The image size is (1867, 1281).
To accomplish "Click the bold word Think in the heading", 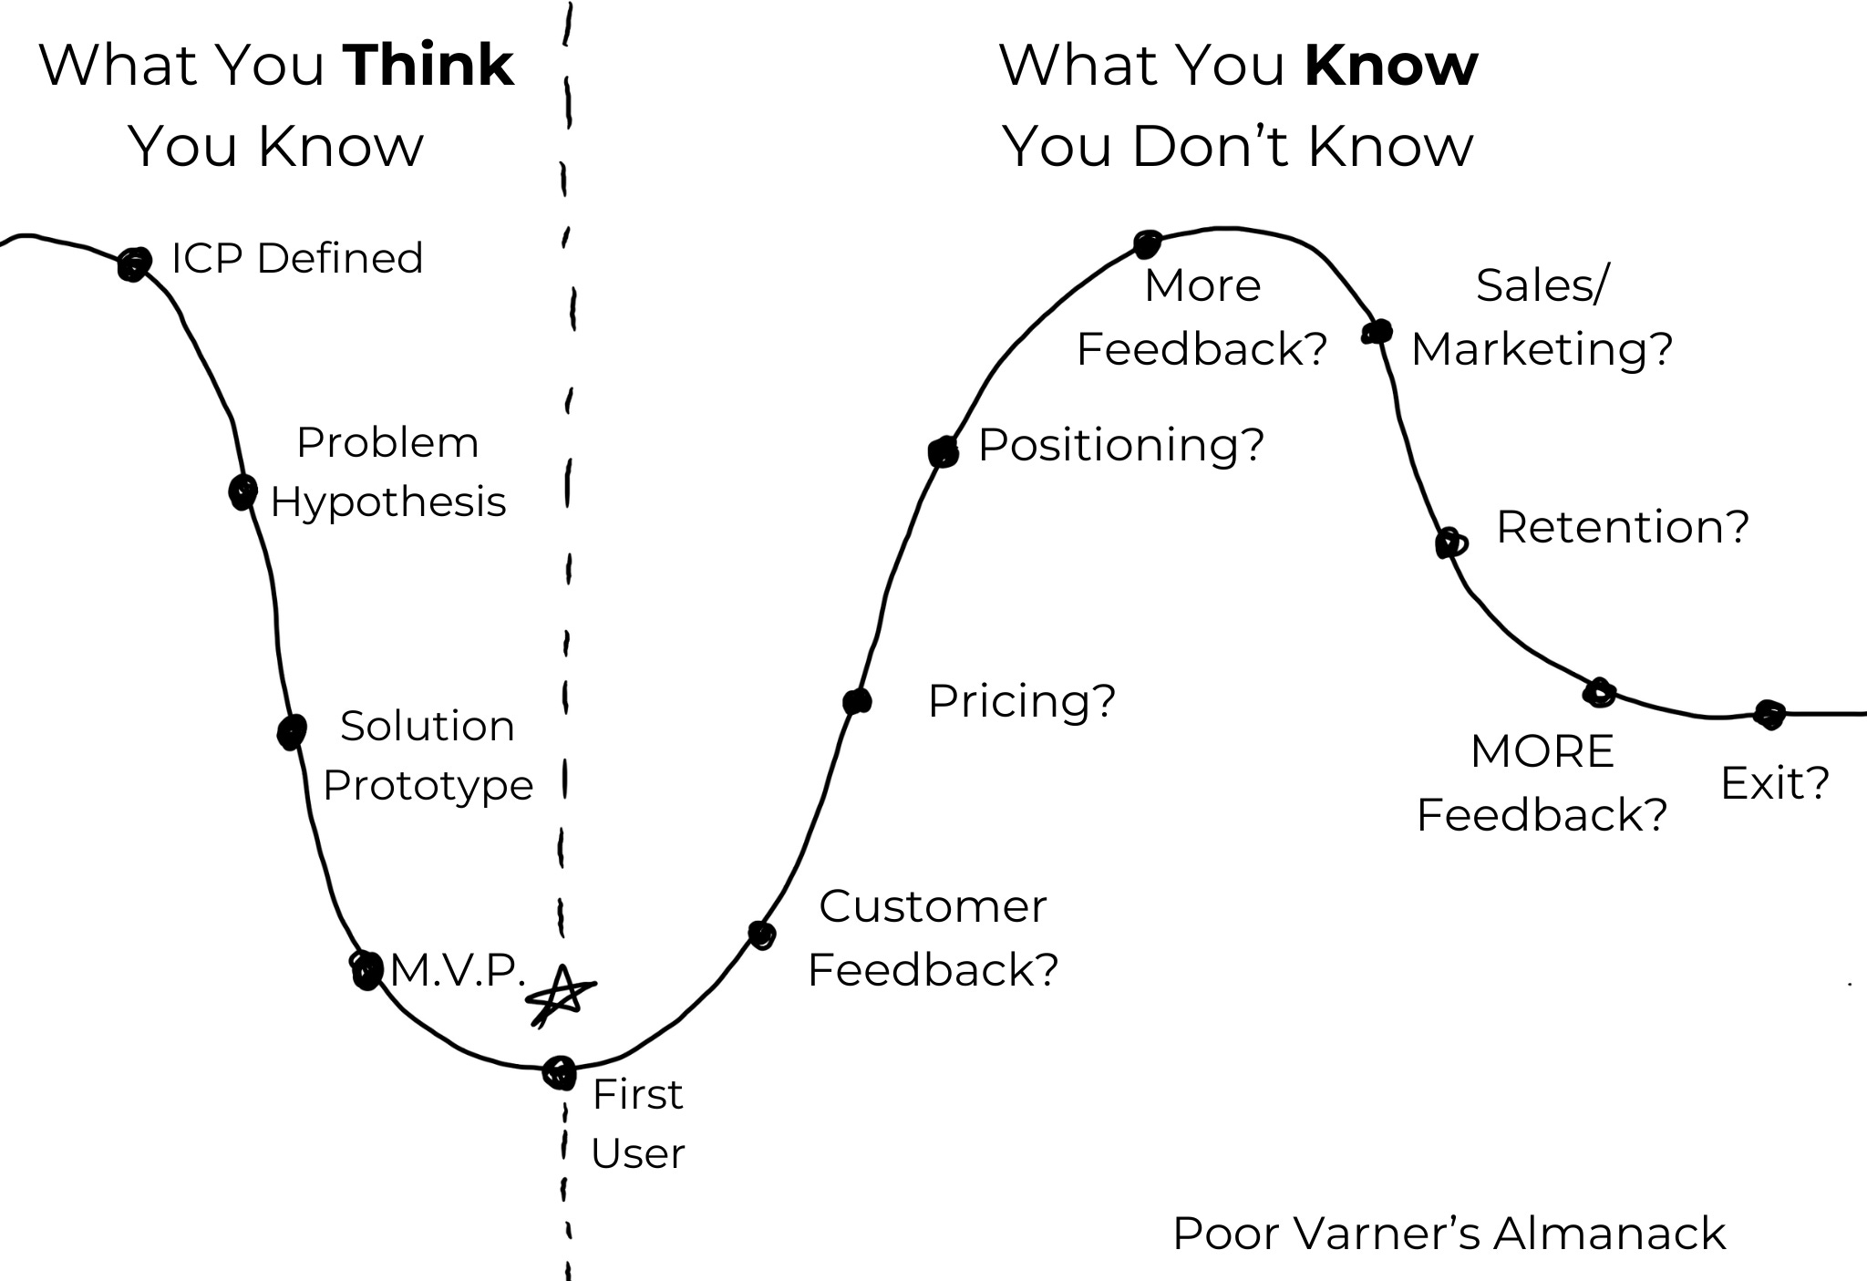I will tap(428, 66).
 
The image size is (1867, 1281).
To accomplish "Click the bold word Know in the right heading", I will tap(1391, 66).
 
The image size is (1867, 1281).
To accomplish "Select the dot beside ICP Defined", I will tap(134, 263).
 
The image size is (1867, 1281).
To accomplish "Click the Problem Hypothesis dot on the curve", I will tap(242, 491).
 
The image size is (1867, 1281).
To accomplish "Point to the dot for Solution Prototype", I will tap(292, 731).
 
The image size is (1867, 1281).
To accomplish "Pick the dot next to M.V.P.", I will tap(366, 969).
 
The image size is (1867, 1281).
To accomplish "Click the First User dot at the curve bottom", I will tap(559, 1072).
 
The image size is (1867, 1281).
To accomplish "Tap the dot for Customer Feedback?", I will tap(761, 934).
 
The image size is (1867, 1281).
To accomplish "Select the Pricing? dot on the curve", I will tap(857, 701).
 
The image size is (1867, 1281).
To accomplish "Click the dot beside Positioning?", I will tap(944, 450).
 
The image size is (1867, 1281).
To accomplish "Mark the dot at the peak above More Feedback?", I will tap(1147, 243).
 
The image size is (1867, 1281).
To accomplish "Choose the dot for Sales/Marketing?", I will tap(1377, 332).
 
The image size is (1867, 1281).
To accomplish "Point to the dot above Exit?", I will tap(1769, 714).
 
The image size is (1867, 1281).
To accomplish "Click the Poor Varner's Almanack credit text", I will tap(1449, 1234).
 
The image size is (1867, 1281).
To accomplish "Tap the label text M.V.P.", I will tap(458, 970).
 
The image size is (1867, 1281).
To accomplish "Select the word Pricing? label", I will tap(1021, 701).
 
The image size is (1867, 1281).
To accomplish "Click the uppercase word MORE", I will tap(1542, 752).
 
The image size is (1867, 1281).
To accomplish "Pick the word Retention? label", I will tap(1623, 527).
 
